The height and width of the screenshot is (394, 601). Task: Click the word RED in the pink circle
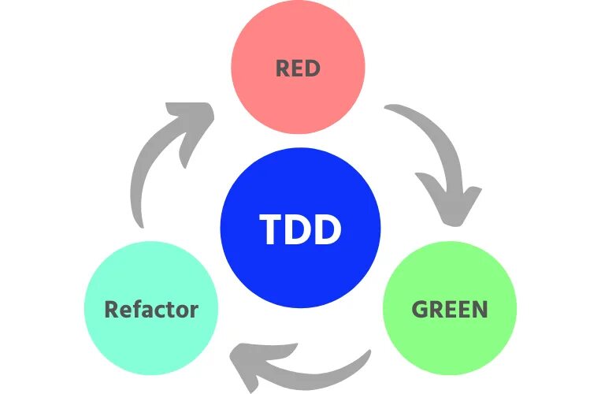298,69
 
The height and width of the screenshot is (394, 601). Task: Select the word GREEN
449,308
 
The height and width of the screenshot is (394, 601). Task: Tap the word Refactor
151,308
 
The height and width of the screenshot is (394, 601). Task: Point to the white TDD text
300,230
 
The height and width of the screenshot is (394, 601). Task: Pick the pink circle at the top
298,39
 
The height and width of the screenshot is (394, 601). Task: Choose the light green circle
449,339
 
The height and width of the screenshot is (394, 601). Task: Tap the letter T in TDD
271,230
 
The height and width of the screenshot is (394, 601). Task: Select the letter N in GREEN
480,308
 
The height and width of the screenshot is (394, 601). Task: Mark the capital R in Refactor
111,308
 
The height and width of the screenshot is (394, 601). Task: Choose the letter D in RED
313,69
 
